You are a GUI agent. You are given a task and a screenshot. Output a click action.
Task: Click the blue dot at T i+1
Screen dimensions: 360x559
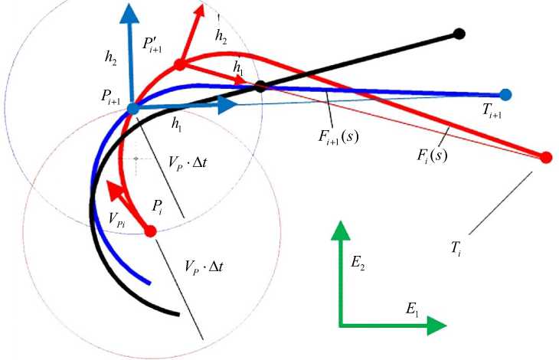coord(505,94)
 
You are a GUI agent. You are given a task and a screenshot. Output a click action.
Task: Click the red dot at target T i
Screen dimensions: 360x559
coord(546,158)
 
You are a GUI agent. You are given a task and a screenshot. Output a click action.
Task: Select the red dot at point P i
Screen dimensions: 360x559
coord(150,231)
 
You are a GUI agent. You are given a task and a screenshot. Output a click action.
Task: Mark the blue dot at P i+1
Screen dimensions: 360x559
coord(133,109)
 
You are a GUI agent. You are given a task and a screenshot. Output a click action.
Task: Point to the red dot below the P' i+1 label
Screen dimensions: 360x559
coord(180,65)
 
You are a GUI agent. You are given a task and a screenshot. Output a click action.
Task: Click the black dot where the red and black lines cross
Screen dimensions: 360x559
coord(260,86)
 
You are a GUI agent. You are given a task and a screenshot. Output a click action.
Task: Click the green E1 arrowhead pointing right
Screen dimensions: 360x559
coord(437,326)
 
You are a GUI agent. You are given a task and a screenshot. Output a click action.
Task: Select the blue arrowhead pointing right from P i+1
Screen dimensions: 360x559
coord(227,105)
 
